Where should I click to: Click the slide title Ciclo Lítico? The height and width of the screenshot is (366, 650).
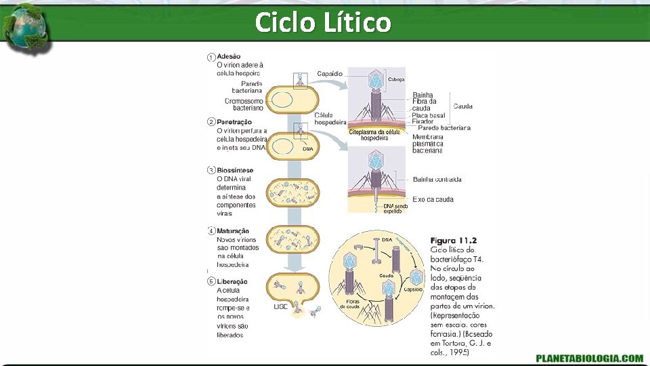(323, 22)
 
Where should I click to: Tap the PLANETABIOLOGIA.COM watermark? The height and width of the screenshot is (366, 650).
(589, 358)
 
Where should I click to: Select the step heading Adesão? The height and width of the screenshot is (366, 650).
(228, 56)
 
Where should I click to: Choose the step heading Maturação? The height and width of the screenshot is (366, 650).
(233, 231)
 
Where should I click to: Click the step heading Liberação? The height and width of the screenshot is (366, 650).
(232, 281)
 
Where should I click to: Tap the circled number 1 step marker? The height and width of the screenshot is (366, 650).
(211, 57)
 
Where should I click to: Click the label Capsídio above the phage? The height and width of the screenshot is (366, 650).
(330, 73)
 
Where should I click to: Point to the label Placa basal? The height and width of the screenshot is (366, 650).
(428, 115)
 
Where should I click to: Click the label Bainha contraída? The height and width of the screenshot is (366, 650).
(437, 180)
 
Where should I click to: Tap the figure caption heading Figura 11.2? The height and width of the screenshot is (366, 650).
(454, 240)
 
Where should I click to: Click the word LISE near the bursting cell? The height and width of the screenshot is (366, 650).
(281, 307)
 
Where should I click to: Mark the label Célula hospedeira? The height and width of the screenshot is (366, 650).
(330, 119)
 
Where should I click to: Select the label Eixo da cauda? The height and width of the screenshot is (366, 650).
(433, 199)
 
